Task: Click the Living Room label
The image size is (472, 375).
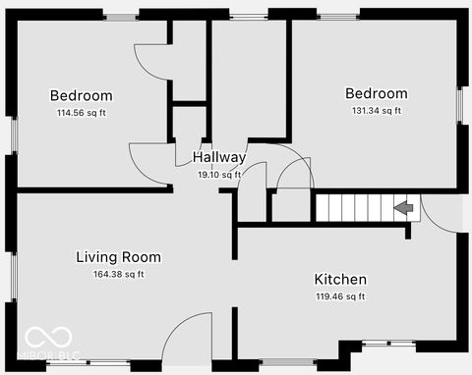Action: pyautogui.click(x=118, y=257)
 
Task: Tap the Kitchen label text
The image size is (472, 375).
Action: pyautogui.click(x=340, y=280)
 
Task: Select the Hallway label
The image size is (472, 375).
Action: pyautogui.click(x=218, y=157)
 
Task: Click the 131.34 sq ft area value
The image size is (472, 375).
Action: pyautogui.click(x=376, y=111)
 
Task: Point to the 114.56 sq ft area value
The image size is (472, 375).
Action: pyautogui.click(x=82, y=113)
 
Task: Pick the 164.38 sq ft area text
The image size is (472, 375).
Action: pyautogui.click(x=118, y=274)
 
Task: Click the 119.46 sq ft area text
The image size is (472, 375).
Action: pyautogui.click(x=340, y=296)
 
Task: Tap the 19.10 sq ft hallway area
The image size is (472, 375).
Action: pyautogui.click(x=218, y=175)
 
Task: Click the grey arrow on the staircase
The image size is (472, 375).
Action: pyautogui.click(x=402, y=207)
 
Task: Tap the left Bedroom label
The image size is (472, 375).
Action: pyautogui.click(x=82, y=96)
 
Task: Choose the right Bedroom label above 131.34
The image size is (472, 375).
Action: pyautogui.click(x=376, y=94)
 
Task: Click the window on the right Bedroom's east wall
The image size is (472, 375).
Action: pyautogui.click(x=459, y=103)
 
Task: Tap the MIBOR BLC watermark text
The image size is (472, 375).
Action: pyautogui.click(x=47, y=354)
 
